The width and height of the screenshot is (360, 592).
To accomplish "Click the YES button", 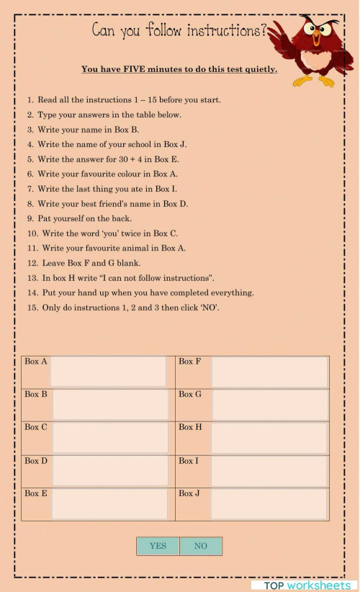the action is pos(158,546).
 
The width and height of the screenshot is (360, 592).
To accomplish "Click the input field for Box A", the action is pos(108,371).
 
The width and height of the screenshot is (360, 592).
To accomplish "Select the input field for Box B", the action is pos(110,404).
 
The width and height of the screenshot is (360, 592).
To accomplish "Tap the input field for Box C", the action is pos(110,437).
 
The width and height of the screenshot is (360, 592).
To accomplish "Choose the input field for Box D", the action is pos(110,470).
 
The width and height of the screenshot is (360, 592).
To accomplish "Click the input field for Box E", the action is pos(110,503).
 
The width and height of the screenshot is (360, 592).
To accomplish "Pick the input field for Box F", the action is pos(269,371).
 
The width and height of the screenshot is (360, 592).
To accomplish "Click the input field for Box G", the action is pos(269,404).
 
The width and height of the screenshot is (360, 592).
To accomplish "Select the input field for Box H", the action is pos(269,437).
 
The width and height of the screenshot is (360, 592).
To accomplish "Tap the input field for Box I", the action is pos(269,470).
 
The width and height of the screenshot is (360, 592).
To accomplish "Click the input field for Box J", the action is pos(269,503).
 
